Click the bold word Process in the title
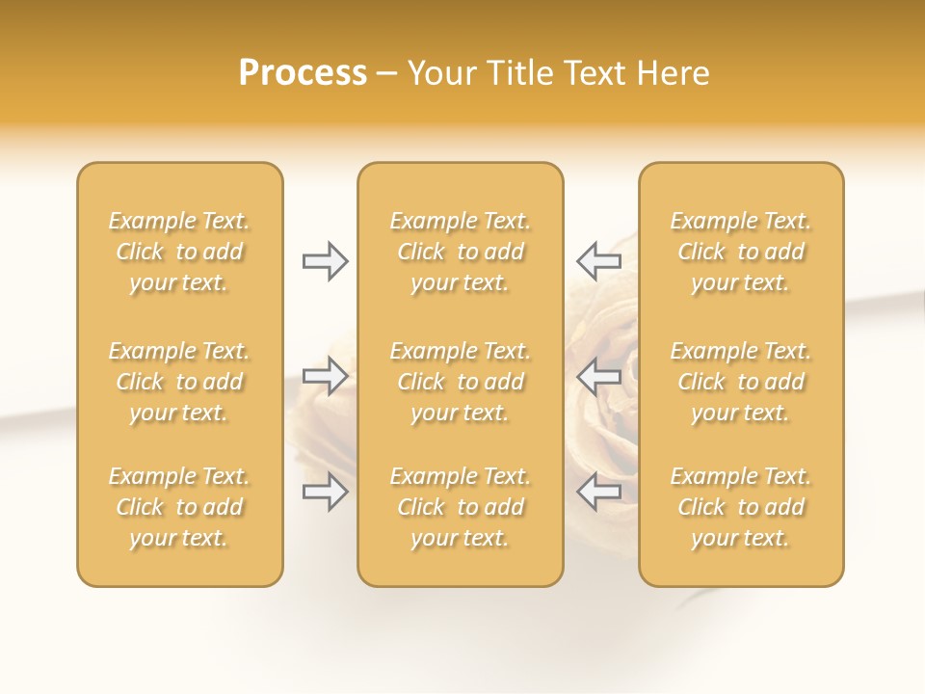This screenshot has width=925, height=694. click(303, 73)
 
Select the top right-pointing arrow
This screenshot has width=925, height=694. click(325, 261)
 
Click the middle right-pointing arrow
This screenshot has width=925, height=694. click(325, 376)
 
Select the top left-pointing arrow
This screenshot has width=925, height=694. click(599, 261)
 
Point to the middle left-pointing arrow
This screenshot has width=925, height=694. click(599, 376)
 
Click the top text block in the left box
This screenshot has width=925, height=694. click(179, 252)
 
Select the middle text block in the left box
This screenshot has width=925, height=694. click(179, 382)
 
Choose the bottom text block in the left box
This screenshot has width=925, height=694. click(179, 507)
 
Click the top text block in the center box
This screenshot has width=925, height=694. click(460, 252)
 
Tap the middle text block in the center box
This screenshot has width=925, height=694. click(460, 382)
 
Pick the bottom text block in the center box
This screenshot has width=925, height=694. click(460, 507)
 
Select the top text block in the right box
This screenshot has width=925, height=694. click(740, 252)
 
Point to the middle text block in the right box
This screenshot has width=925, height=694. click(740, 382)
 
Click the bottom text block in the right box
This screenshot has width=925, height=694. click(740, 507)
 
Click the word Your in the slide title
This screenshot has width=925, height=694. click(439, 73)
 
